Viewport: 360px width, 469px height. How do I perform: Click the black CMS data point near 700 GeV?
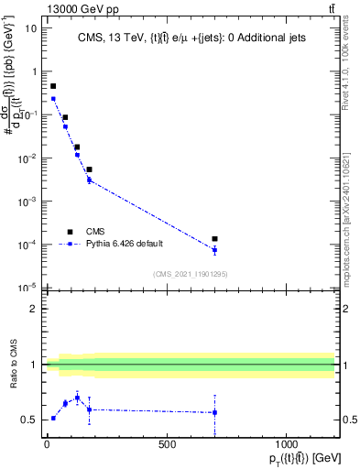[x=214, y=239]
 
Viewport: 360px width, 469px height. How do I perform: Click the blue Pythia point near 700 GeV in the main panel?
[x=214, y=250]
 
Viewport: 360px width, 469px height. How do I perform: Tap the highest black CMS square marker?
[x=53, y=86]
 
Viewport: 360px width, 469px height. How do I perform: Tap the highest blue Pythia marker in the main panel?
[x=53, y=99]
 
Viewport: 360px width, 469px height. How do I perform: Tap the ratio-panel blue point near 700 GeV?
[x=214, y=412]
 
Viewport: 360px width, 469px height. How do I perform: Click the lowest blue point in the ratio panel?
[x=53, y=418]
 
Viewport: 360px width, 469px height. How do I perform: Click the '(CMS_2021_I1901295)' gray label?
[x=190, y=274]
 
